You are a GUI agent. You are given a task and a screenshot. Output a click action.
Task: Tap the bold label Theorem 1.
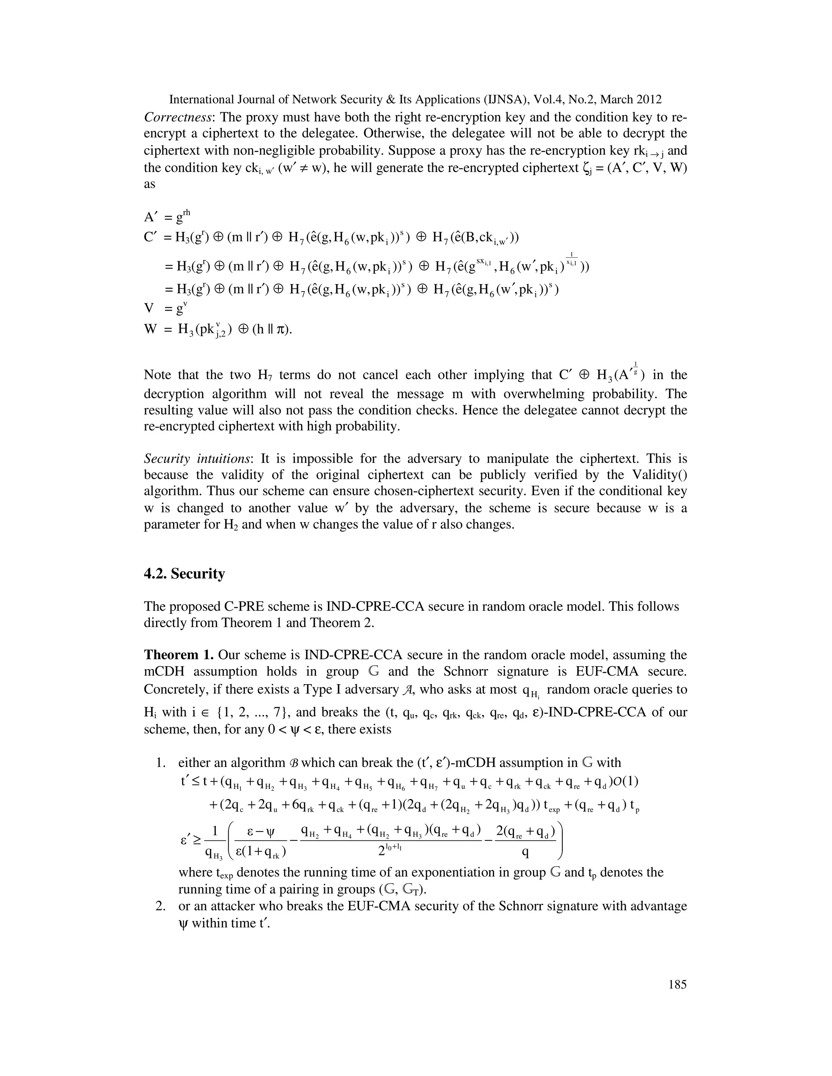178,655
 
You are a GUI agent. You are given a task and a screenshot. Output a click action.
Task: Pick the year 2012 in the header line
647,99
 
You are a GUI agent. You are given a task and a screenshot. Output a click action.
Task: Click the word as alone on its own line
149,184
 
